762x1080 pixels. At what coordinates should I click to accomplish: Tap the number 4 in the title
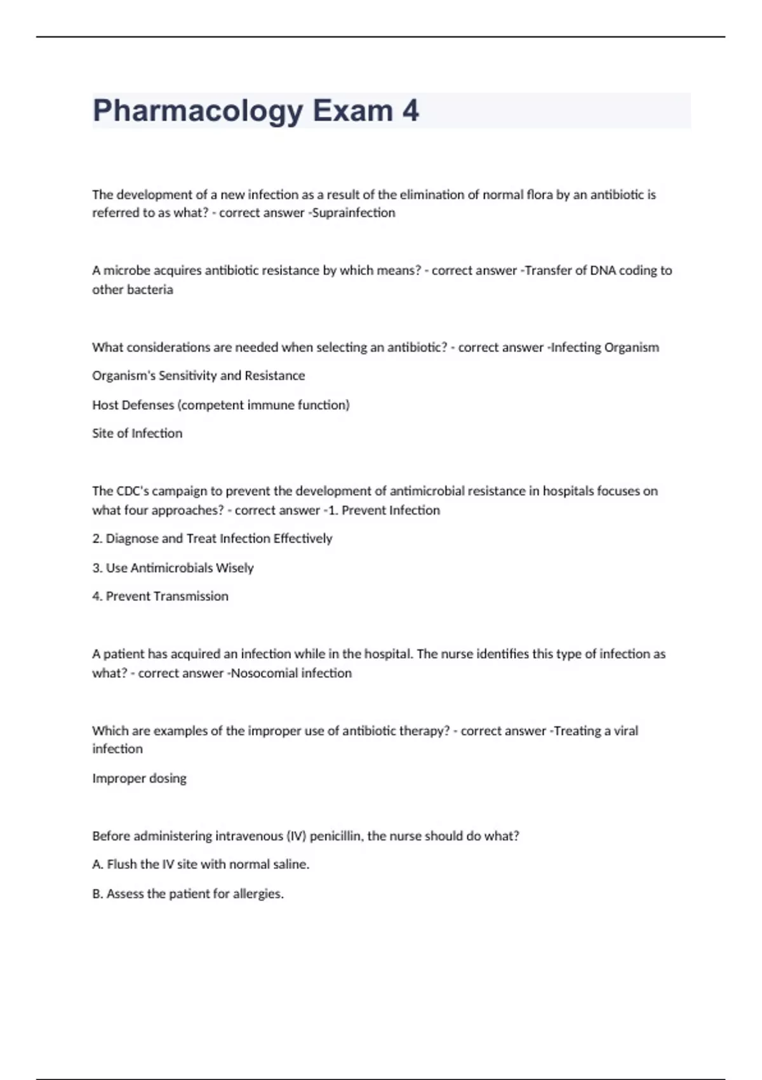point(410,111)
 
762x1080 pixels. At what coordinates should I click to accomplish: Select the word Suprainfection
point(354,213)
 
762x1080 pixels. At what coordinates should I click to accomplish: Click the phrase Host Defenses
point(133,405)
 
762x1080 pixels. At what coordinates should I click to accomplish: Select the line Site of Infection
point(137,433)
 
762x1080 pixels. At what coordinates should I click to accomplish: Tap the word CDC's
point(132,491)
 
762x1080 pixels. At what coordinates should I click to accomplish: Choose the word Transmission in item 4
point(189,597)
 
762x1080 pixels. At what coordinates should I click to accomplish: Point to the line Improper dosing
point(139,778)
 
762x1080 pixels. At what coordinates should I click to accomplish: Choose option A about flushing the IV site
point(201,865)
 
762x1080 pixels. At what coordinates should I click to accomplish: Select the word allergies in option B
point(258,894)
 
